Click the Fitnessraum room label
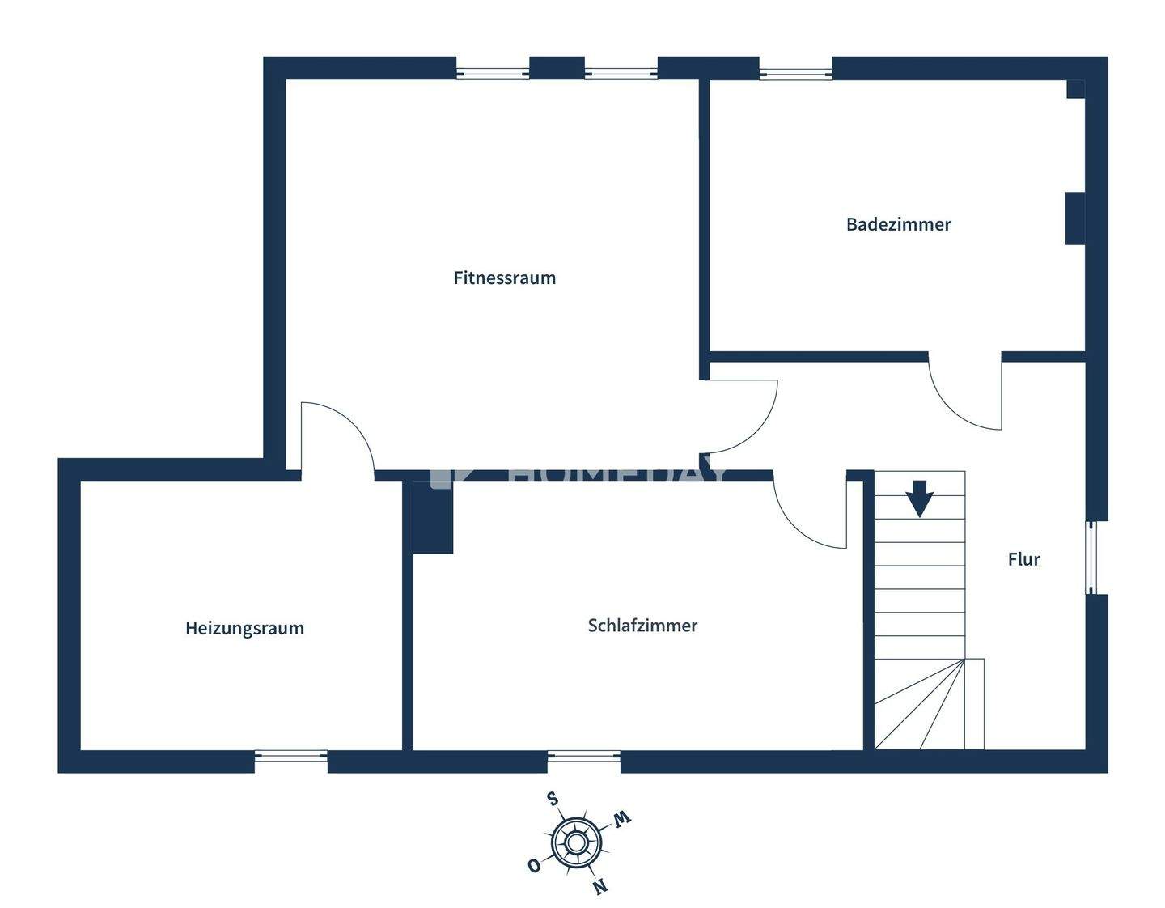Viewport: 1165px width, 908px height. click(x=504, y=278)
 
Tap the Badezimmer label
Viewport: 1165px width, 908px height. click(x=898, y=224)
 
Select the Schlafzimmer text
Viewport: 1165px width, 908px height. click(x=642, y=626)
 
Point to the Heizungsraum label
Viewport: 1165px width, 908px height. click(x=244, y=628)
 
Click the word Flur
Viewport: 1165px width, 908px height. click(x=1023, y=559)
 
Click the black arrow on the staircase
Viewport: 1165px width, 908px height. click(x=920, y=499)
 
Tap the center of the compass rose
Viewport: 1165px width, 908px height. click(x=575, y=843)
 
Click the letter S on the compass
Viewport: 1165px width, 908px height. click(x=553, y=800)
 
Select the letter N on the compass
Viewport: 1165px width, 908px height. click(x=599, y=887)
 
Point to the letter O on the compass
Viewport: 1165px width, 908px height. click(x=533, y=866)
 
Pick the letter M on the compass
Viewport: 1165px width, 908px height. click(x=621, y=819)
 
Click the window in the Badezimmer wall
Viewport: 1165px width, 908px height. click(x=795, y=74)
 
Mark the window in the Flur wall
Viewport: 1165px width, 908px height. click(x=1091, y=557)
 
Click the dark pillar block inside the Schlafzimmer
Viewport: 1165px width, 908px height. click(x=433, y=518)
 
